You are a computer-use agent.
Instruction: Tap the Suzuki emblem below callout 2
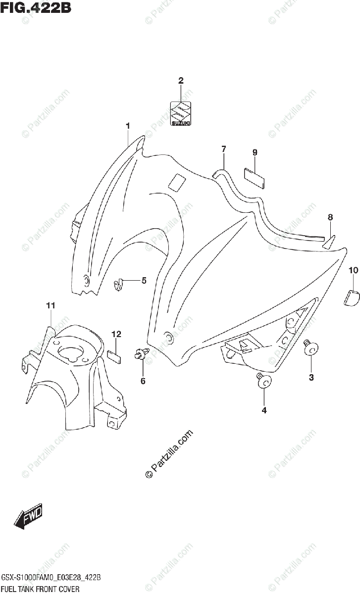coord(181,114)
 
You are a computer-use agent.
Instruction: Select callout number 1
coord(127,126)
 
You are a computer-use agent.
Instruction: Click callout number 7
coord(223,148)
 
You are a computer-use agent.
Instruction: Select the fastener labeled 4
coord(263,381)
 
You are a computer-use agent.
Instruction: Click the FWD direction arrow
coord(29,516)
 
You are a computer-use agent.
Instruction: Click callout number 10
coord(353,270)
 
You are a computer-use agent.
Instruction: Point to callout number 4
coord(264,410)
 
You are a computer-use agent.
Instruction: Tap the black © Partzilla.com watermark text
coord(168,453)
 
